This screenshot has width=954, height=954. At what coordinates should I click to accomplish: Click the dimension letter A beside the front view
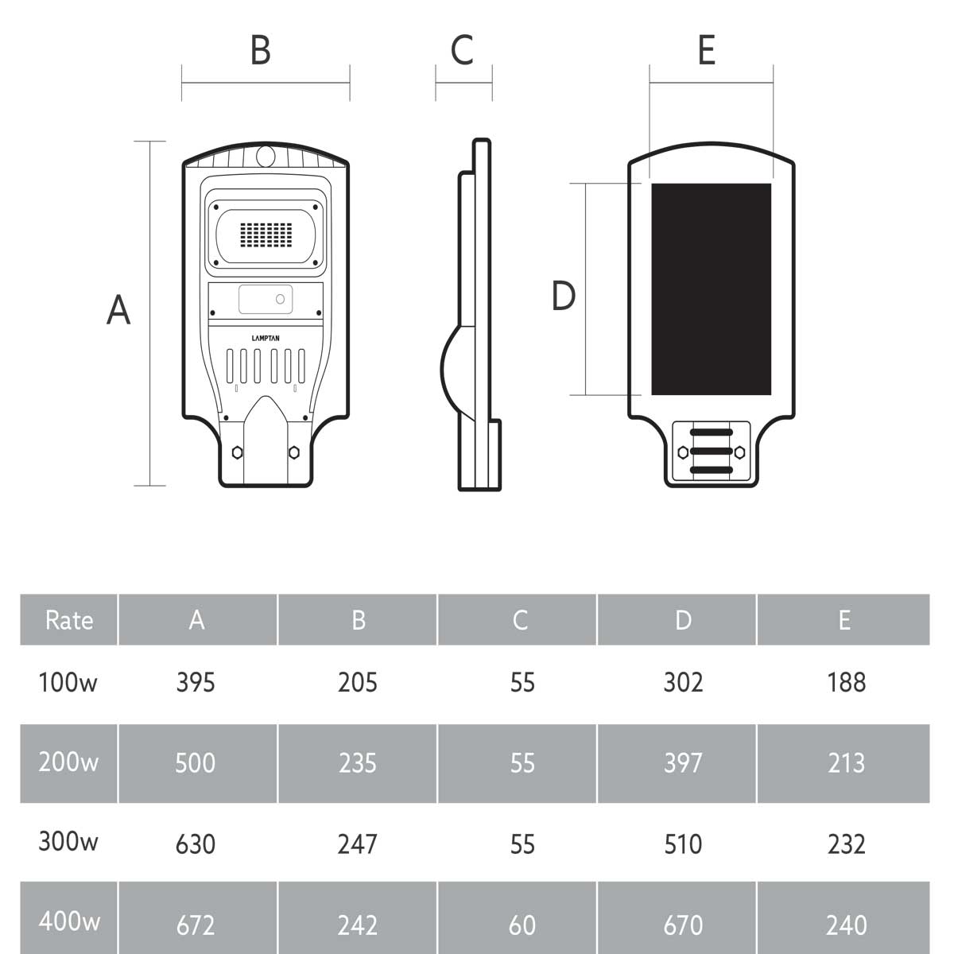(118, 309)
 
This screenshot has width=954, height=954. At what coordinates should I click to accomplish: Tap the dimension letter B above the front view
(260, 49)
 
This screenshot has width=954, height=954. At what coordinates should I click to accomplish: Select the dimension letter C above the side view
(462, 49)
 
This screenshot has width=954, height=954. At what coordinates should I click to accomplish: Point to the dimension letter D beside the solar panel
(563, 296)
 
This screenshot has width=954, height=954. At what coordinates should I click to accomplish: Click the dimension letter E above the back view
(706, 50)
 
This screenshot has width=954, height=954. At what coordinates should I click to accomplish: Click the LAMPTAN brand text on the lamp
(266, 338)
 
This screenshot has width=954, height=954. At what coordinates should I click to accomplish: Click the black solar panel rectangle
(711, 289)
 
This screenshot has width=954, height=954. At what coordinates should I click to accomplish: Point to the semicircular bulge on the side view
(452, 367)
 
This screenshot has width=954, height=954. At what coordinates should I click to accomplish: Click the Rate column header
(69, 620)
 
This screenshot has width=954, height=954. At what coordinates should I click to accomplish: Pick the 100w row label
(68, 682)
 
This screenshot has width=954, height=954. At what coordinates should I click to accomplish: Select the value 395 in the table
(196, 682)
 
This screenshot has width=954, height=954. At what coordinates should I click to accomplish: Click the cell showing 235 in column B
(357, 763)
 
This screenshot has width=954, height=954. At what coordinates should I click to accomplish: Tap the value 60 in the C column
(522, 925)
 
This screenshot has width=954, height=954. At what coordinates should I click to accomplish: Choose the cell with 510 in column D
(683, 843)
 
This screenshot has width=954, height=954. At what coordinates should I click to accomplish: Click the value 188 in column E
(846, 682)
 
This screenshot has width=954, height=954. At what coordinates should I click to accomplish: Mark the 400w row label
(69, 921)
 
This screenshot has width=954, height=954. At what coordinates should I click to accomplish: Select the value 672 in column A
(196, 925)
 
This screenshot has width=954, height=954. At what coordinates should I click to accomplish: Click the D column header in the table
(683, 620)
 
